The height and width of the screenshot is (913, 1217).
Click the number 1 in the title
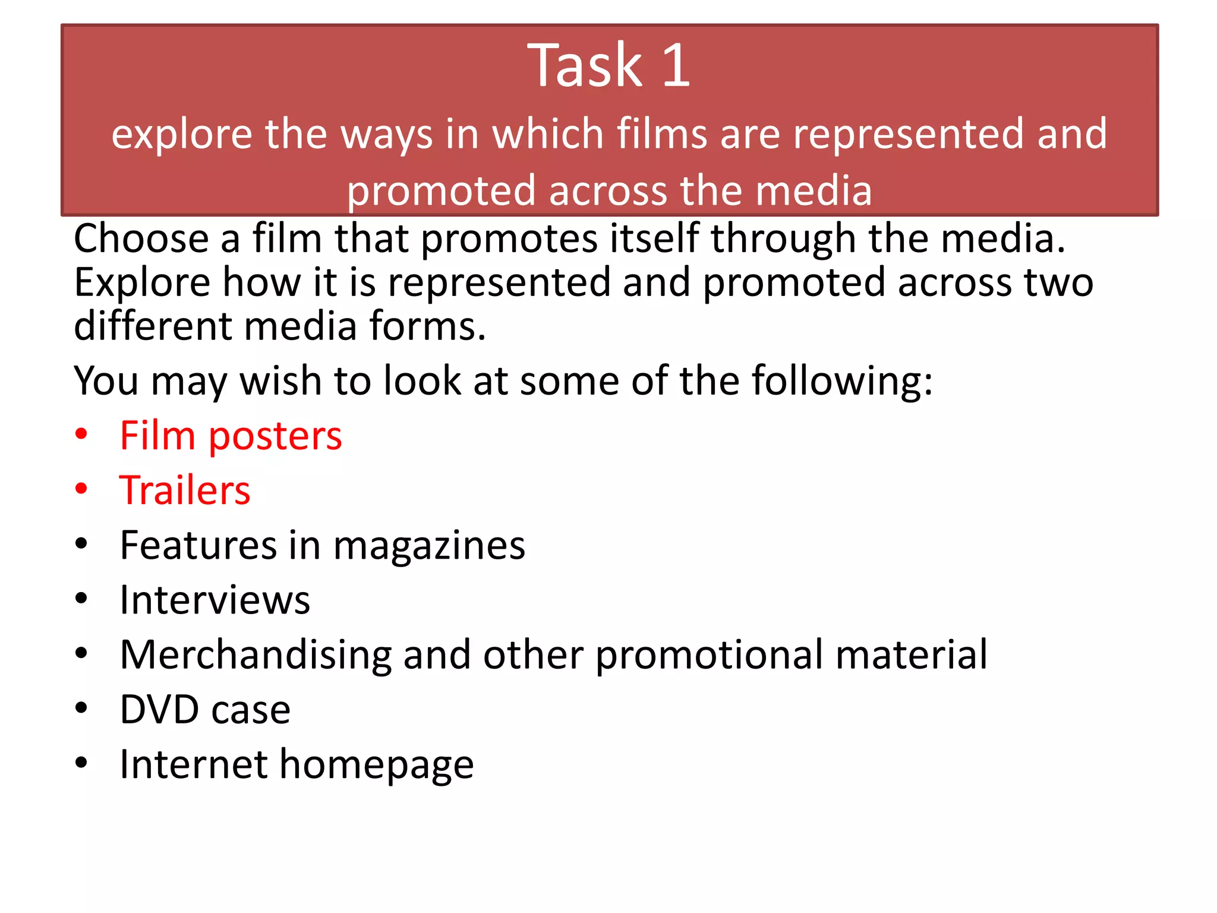pos(676,65)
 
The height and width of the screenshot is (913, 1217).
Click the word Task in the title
pos(585,65)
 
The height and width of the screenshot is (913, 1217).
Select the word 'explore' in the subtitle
pos(181,134)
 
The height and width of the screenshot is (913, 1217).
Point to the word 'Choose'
pos(141,238)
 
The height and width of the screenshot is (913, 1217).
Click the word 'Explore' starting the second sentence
pos(142,282)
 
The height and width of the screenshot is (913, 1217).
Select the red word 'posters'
pos(275,436)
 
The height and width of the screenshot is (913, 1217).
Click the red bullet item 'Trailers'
pos(185,491)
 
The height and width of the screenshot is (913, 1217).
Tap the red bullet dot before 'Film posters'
pos(81,435)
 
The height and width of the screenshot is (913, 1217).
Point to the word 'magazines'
pos(429,546)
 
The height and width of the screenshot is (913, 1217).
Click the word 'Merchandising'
pos(256,655)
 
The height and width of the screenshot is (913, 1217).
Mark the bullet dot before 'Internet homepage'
pos(81,763)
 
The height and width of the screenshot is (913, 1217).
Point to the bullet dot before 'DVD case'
pos(81,708)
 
